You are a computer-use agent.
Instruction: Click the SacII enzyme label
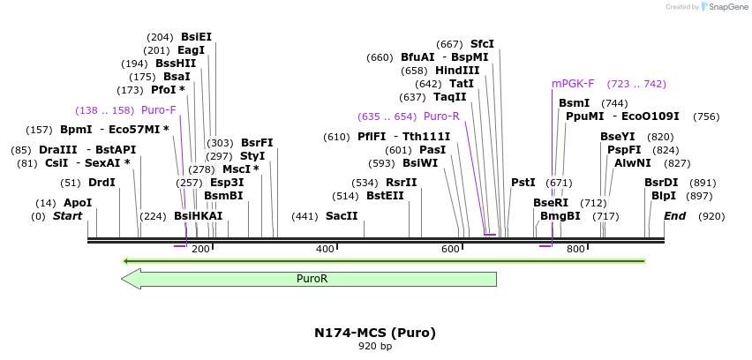coord(342,216)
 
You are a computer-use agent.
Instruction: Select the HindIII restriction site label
coord(457,71)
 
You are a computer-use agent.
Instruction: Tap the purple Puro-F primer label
coord(159,110)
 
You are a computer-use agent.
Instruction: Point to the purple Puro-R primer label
coord(441,116)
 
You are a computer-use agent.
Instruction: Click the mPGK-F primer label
coord(573,84)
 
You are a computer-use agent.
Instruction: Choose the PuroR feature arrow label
coord(312,279)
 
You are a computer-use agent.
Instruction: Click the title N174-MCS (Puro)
coord(375,333)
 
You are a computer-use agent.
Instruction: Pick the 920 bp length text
coord(375,347)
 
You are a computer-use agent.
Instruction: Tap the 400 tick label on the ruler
coord(326,250)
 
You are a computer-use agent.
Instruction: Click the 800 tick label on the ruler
coord(576,250)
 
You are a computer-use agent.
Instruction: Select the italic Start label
coord(68,216)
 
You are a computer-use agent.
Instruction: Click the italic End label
coord(674,216)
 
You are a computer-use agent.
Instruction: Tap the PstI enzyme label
coord(523,183)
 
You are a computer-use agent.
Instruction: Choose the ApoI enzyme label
coord(78,203)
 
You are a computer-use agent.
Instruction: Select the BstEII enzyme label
coord(385,196)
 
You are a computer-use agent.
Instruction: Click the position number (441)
coord(305,216)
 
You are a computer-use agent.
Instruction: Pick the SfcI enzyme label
coord(482,44)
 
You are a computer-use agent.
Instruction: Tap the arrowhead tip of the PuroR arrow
coord(123,279)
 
